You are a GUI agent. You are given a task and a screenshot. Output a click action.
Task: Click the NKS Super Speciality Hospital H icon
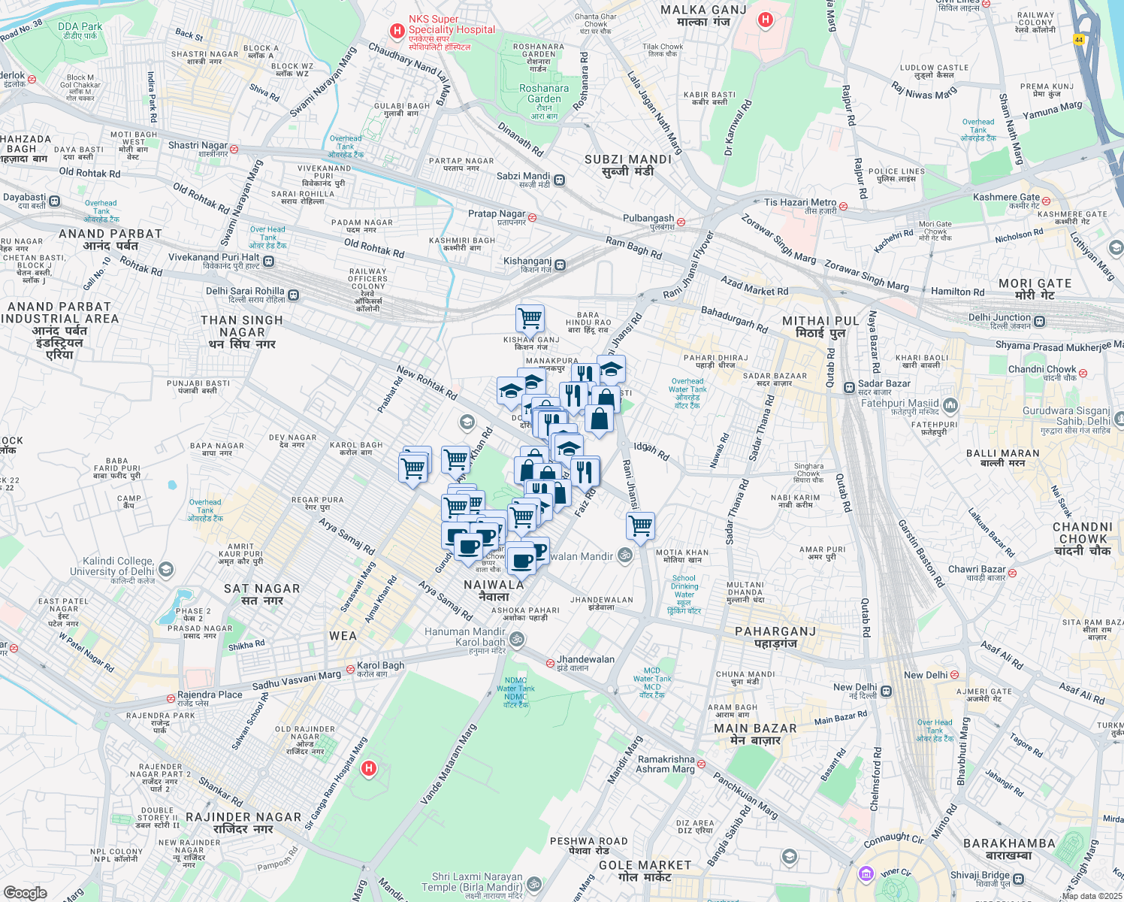point(396,31)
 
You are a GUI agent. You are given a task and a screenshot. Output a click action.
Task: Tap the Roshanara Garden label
point(544,93)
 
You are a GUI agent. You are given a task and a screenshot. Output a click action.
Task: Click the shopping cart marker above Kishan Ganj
point(530,319)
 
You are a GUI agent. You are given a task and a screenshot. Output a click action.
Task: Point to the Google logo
point(25,892)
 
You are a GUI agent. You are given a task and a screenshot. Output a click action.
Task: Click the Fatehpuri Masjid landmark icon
point(950,405)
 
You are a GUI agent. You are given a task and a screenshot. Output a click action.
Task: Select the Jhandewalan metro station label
point(585,659)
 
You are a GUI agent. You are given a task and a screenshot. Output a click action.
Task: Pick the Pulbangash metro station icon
point(681,222)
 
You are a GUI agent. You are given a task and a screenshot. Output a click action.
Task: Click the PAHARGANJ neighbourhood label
point(775,631)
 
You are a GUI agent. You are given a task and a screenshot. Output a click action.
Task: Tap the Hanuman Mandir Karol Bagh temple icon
point(516,639)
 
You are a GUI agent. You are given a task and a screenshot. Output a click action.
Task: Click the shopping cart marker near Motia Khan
point(640,525)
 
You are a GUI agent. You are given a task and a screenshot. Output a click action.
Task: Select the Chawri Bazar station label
point(976,569)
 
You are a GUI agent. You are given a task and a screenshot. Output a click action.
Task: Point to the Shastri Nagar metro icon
point(234,149)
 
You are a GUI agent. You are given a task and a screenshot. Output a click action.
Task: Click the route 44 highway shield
point(1079,40)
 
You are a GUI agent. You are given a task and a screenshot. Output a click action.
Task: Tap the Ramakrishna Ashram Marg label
point(665,764)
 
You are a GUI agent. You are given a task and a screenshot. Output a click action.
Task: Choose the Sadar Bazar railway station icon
point(848,387)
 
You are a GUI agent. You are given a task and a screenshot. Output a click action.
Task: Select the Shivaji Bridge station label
point(980,875)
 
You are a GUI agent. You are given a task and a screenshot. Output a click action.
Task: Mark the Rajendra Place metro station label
point(210,695)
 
